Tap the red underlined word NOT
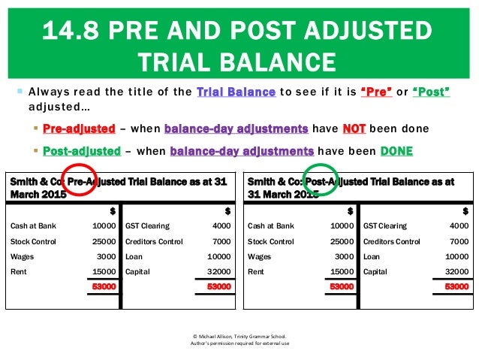354,128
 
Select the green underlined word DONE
396,150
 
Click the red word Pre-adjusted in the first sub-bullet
80,128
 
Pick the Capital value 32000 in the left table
218,271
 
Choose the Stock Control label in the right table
271,241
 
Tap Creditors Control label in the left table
154,241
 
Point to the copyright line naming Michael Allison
239,336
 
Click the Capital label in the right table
375,271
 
